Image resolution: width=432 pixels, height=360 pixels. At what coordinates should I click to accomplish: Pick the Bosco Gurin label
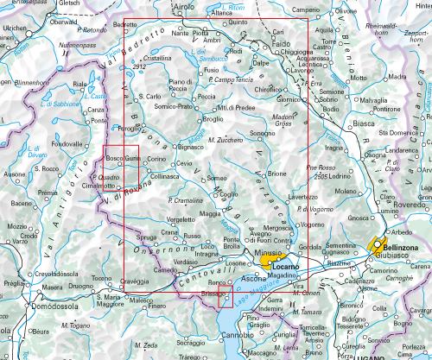click(122, 160)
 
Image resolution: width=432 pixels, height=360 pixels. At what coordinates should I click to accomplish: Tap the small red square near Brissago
click(226, 300)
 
